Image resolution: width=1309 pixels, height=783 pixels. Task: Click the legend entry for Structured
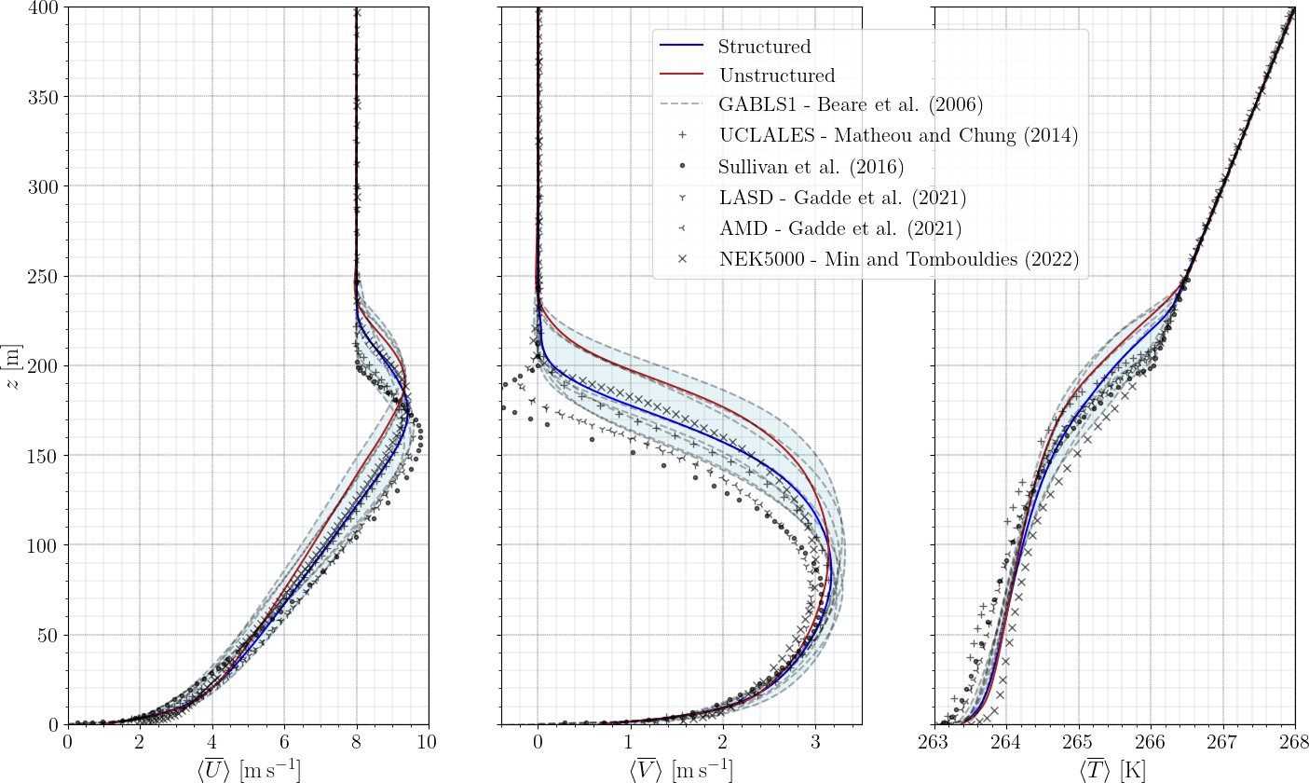tap(764, 46)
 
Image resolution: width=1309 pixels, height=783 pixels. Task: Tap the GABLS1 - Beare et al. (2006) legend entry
tap(851, 103)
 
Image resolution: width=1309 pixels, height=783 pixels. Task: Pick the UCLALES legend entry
tap(898, 136)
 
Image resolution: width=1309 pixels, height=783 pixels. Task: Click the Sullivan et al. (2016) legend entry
tap(811, 167)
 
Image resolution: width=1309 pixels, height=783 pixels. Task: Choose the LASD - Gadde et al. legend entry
tap(842, 198)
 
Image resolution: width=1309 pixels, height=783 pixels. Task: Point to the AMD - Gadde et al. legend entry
tap(840, 228)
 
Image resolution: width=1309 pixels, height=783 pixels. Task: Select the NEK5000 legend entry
tap(898, 260)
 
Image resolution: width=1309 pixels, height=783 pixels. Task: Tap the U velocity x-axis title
tap(247, 769)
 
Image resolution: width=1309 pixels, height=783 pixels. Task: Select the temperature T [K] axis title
tap(1113, 769)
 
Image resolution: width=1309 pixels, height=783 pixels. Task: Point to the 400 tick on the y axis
tap(48, 7)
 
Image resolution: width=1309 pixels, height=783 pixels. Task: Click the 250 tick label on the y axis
tap(48, 276)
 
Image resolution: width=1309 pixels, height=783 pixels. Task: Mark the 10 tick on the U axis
tap(428, 743)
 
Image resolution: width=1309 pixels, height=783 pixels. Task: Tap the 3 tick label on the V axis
tap(815, 743)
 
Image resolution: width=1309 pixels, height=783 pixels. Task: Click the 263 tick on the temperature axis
tap(934, 743)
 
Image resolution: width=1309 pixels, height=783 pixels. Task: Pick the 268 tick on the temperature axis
tap(1294, 743)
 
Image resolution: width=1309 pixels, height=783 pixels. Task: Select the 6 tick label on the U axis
tap(284, 743)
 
